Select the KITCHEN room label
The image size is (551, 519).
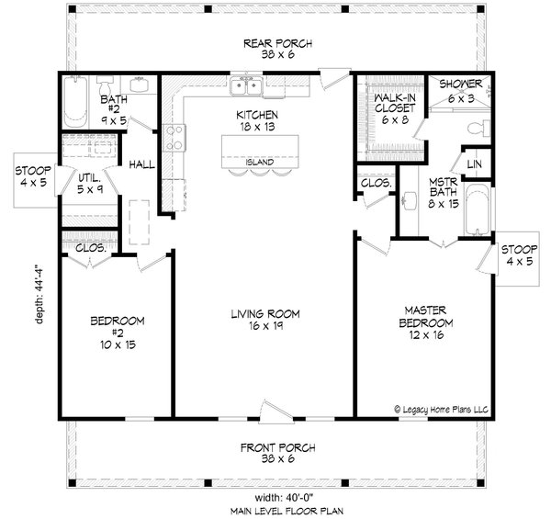coord(256,115)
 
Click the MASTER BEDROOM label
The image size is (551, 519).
coord(425,316)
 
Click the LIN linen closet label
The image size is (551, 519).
coord(474,164)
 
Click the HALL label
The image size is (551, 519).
coord(141,164)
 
